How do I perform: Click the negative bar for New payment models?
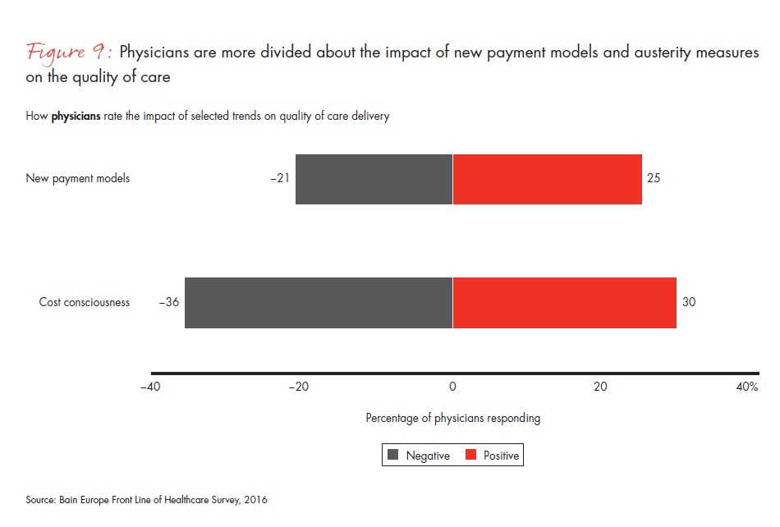pos(374,179)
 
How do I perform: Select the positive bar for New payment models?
pos(547,179)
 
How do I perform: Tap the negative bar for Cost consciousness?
pos(319,303)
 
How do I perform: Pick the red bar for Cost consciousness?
pos(564,303)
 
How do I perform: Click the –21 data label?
pos(279,178)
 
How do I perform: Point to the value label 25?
pos(654,178)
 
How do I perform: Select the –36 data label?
pos(168,302)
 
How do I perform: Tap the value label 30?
pos(689,302)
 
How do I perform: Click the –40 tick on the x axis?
pos(151,387)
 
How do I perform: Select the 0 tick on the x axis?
pos(452,387)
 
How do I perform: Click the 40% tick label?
pos(746,387)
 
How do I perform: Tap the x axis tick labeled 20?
pos(601,387)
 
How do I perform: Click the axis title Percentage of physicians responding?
pos(452,418)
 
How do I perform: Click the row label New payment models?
pos(77,178)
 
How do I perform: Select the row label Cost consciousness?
pos(84,302)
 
